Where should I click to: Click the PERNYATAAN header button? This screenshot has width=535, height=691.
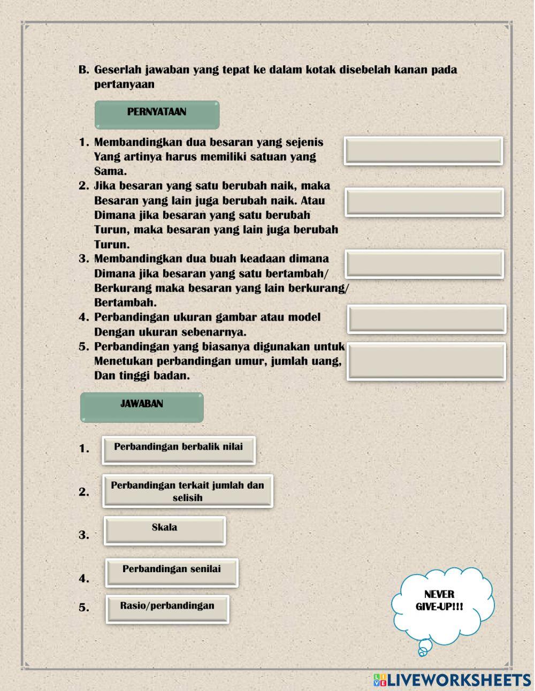[x=157, y=115]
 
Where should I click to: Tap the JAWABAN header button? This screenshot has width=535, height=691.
[x=142, y=407]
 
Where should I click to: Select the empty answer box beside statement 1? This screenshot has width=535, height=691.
[x=423, y=151]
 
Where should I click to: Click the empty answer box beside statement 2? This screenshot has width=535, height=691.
[x=424, y=202]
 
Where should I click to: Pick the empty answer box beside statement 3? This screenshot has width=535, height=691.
[x=424, y=264]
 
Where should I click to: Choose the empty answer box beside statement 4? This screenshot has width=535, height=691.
[x=426, y=319]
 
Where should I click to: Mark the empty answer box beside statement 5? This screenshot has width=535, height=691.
[x=426, y=361]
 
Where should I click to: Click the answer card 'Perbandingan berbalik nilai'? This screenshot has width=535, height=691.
[x=179, y=450]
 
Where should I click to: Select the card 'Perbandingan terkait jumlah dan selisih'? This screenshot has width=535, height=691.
[x=188, y=491]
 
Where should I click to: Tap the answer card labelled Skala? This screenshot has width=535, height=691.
[x=165, y=530]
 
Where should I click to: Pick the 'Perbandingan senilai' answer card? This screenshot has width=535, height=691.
[x=172, y=572]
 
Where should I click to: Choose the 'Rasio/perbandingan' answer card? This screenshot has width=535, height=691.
[x=167, y=609]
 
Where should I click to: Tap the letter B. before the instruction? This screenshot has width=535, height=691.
[x=83, y=70]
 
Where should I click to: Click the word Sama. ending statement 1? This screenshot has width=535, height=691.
[x=111, y=171]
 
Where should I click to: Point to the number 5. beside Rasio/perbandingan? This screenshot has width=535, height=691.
[x=84, y=608]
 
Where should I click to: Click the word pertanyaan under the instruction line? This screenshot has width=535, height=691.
[x=124, y=84]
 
